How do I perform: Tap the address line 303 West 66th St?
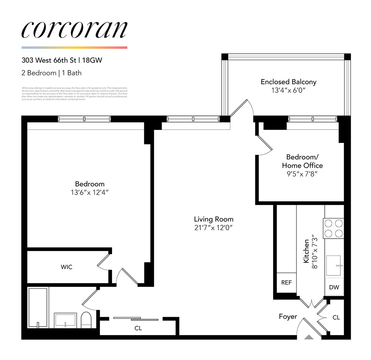coord(62,60)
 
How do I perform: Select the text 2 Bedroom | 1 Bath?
coord(52,73)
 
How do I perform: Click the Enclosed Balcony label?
coord(289,82)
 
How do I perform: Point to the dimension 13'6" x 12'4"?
coord(90,192)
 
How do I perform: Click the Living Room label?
coord(214,219)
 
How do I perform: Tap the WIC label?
coord(66,267)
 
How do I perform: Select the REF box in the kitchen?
coord(286,283)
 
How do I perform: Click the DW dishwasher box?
coord(334,287)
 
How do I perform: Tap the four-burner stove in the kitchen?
coord(334,228)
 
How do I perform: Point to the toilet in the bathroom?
coord(86,320)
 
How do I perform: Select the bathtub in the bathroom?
coord(37,308)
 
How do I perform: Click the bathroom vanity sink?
coord(66,320)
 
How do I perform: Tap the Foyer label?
coord(288,316)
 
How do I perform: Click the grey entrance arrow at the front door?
coord(309,337)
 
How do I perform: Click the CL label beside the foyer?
coord(336,318)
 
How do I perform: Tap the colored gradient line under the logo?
coord(74,48)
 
